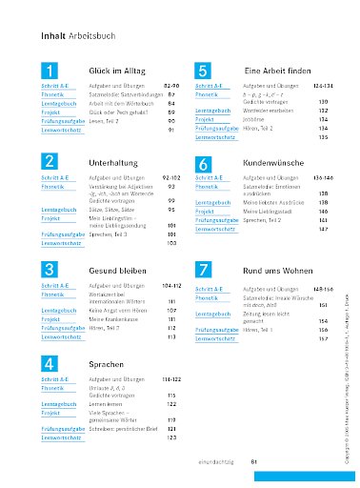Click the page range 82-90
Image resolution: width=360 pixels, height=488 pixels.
click(172, 87)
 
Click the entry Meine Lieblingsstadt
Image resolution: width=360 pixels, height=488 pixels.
click(267, 211)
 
